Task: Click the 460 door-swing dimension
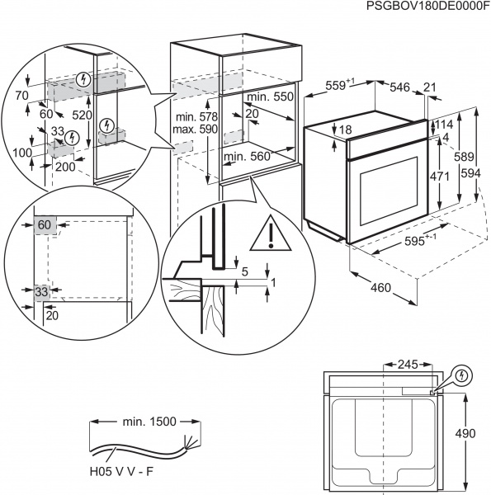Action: pyautogui.click(x=380, y=290)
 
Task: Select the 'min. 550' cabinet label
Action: pyautogui.click(x=271, y=97)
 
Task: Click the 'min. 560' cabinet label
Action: pyautogui.click(x=247, y=156)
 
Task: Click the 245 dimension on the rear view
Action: pyautogui.click(x=408, y=363)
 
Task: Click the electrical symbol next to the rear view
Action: pyautogui.click(x=464, y=375)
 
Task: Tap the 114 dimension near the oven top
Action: pyautogui.click(x=444, y=125)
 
